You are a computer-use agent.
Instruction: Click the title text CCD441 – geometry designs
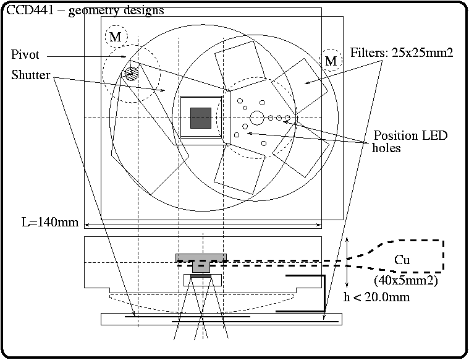tap(85, 10)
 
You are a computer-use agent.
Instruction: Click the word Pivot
tap(25, 55)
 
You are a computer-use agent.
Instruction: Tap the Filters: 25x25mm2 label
tap(402, 53)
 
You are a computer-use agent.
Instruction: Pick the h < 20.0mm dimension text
tap(376, 298)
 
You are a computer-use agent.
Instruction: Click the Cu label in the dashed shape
tap(402, 260)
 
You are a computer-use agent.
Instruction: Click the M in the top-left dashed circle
tap(116, 38)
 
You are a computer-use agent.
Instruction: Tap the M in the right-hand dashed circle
tap(332, 61)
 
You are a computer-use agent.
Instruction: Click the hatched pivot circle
tap(131, 73)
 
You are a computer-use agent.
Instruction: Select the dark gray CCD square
tap(201, 118)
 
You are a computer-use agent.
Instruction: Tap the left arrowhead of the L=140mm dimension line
tap(86, 224)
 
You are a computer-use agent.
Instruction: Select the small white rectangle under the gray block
tap(201, 280)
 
